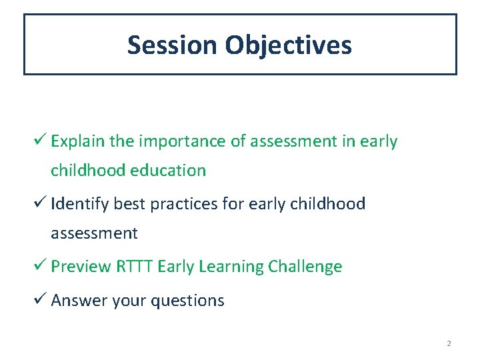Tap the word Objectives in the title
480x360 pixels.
click(288, 45)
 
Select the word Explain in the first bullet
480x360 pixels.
click(78, 141)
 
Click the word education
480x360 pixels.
click(168, 171)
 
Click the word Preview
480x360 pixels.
click(81, 267)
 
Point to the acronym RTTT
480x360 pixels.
click(135, 267)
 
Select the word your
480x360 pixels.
click(129, 301)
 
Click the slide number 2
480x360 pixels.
click(449, 343)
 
